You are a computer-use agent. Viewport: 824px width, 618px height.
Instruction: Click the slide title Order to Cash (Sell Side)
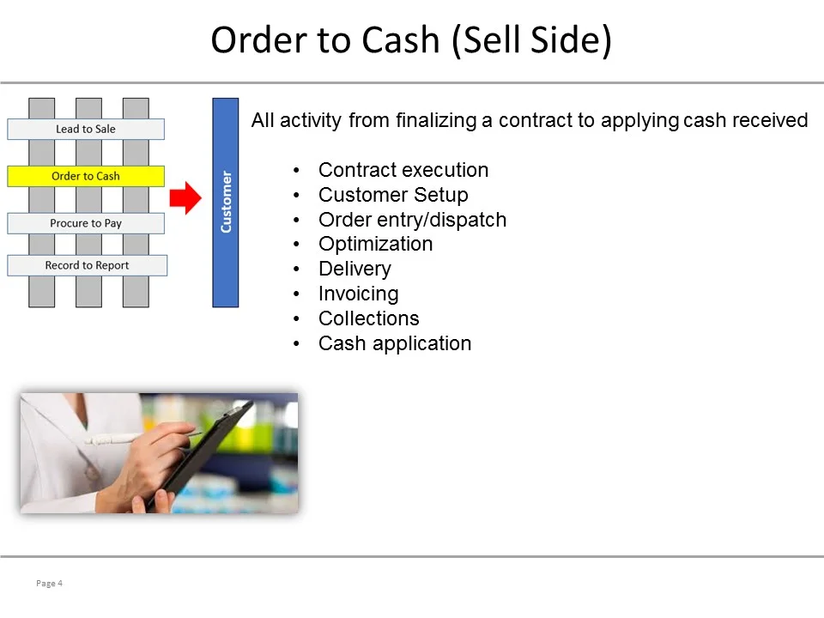tap(411, 40)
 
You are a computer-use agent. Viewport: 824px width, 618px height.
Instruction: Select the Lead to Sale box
tap(86, 129)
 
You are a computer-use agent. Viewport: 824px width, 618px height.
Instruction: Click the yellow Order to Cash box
tap(86, 176)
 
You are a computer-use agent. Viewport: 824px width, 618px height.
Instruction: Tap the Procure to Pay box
tap(86, 223)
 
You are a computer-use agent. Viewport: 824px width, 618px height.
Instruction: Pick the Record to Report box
tap(87, 265)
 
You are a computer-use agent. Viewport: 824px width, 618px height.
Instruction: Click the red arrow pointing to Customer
tap(185, 199)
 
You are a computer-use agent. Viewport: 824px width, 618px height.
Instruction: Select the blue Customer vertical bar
tap(226, 202)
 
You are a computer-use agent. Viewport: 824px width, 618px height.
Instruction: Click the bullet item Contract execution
tap(403, 170)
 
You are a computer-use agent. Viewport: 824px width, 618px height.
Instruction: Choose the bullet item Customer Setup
tap(393, 195)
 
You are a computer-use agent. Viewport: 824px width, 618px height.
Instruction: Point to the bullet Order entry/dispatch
tap(412, 220)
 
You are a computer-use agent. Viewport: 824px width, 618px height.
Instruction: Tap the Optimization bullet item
tap(375, 244)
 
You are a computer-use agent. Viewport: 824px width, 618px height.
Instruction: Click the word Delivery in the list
tap(354, 269)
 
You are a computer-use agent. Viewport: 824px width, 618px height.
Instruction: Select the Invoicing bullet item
tap(358, 294)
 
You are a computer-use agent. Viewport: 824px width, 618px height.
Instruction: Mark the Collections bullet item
tap(368, 318)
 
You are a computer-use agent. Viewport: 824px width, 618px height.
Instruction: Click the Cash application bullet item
tap(395, 343)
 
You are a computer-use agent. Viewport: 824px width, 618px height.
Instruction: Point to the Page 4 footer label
tap(50, 584)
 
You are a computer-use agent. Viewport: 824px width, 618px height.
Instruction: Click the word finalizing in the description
tap(435, 120)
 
